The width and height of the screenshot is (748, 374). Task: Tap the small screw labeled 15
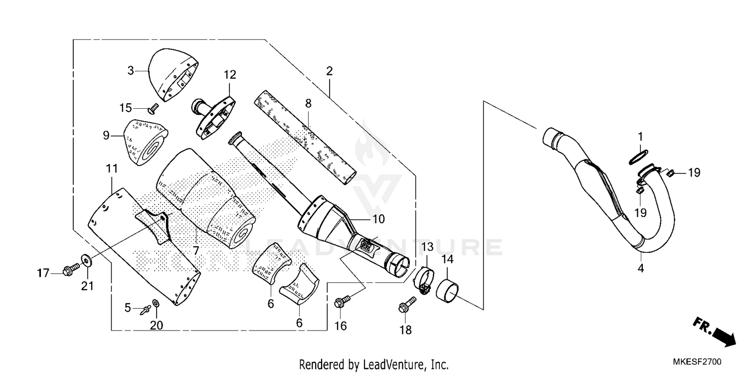pos(153,107)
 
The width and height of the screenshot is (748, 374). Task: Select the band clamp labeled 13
pos(423,280)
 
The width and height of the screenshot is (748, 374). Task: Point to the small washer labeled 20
pos(156,303)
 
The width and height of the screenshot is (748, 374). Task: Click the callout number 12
pos(229,75)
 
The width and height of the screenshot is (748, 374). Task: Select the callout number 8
pos(308,104)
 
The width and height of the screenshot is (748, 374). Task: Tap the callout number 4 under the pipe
pos(641,268)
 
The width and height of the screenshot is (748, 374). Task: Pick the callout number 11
pos(111,169)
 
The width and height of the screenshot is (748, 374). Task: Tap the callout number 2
pos(329,71)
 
